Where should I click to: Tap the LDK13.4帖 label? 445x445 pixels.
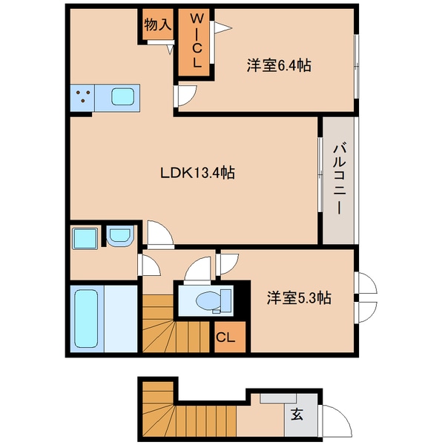[198, 173]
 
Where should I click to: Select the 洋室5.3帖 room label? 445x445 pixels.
[299, 299]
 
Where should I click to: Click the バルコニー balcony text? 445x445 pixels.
[337, 179]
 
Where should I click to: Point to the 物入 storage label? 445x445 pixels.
[158, 24]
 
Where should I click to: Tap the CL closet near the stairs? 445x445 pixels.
[225, 337]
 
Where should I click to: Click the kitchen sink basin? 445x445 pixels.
[122, 96]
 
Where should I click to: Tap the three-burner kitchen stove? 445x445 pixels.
[83, 96]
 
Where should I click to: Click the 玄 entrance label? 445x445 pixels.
[296, 415]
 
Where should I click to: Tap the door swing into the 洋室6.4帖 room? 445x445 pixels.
[185, 95]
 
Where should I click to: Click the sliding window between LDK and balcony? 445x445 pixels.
[319, 178]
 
